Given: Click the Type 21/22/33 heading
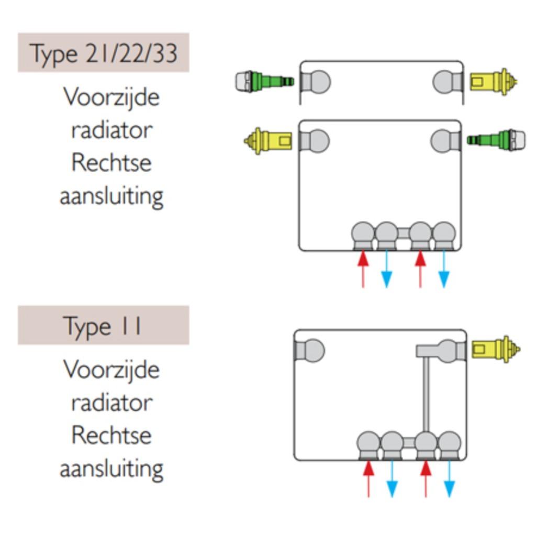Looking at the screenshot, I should click(x=103, y=53).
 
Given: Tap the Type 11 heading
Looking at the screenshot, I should click(x=103, y=326).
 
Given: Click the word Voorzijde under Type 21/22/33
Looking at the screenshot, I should click(x=111, y=97).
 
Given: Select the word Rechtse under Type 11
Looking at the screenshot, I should click(x=111, y=435).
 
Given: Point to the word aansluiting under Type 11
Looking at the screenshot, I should click(x=111, y=467).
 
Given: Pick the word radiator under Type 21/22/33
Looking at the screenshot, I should click(x=111, y=130).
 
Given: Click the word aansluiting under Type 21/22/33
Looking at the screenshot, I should click(x=111, y=196).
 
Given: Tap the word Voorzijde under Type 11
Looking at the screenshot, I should click(x=111, y=370).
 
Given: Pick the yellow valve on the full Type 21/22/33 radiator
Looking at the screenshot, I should click(x=267, y=141).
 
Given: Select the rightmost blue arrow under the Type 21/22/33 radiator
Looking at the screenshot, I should click(x=444, y=270).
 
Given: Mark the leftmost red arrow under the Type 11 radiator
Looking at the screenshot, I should click(x=368, y=477).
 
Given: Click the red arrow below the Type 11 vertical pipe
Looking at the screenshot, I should click(x=426, y=477).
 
